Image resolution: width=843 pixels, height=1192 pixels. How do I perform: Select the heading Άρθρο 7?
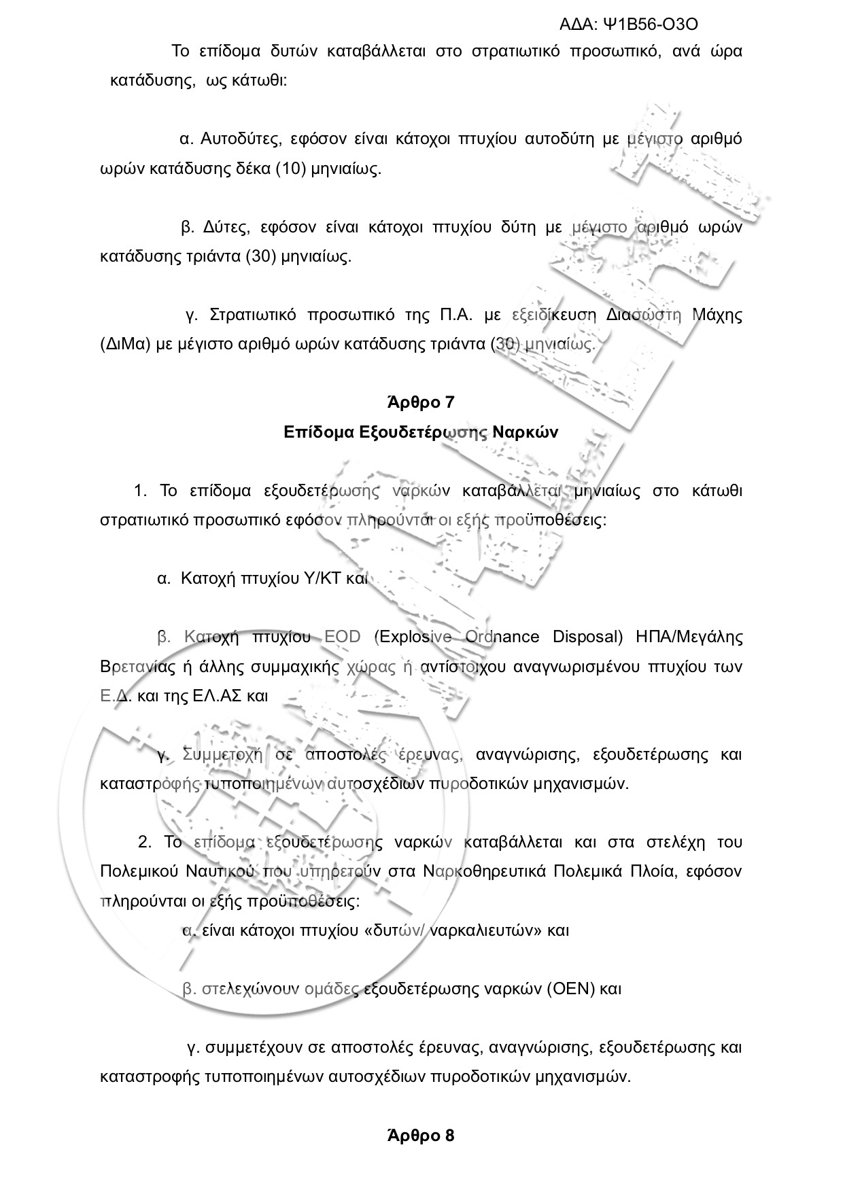coord(421,402)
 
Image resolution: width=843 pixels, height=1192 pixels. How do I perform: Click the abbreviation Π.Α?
coord(448,315)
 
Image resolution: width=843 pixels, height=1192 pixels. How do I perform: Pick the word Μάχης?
coord(717,315)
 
